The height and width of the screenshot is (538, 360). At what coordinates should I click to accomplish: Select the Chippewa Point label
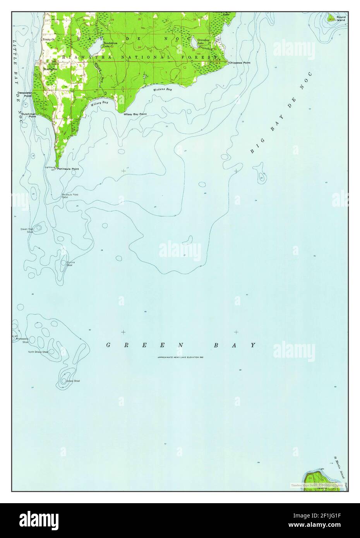point(240,62)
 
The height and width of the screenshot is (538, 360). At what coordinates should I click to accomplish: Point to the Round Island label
point(341,19)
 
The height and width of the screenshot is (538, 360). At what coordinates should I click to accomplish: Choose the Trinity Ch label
point(49,39)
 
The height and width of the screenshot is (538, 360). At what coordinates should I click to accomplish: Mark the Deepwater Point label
point(24,94)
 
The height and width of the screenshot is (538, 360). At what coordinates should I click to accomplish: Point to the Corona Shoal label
point(70,264)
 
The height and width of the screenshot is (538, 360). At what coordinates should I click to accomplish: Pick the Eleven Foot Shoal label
point(27,230)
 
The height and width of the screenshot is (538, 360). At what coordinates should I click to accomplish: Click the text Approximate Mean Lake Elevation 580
point(180,357)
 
